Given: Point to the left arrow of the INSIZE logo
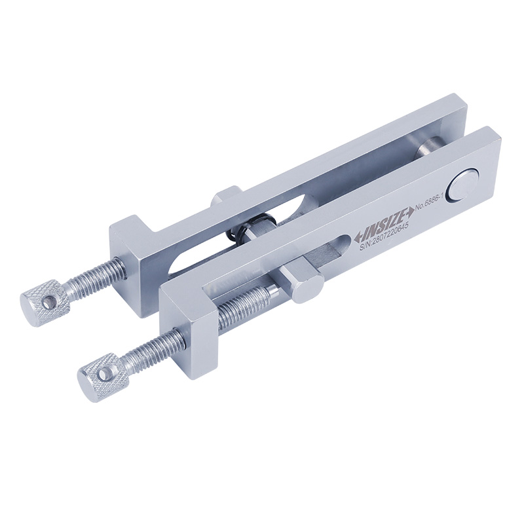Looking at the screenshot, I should tap(360, 236).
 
